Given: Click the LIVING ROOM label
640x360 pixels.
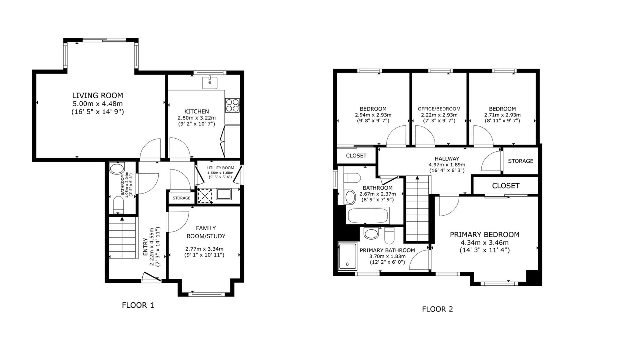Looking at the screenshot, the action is point(98,95).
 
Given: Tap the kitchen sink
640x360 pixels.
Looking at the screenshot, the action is point(210,83).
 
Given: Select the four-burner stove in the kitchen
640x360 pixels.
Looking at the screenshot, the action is point(232,105).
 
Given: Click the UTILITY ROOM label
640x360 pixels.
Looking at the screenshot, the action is point(220,168).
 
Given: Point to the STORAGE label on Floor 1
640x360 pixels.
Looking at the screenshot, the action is point(181,198).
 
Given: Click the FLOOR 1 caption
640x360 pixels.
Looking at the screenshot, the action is point(138,305).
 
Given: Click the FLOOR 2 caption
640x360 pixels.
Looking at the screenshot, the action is point(437,309).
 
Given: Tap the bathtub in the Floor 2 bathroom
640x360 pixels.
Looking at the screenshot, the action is point(368,216).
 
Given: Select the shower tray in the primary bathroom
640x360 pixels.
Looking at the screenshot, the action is point(348,256).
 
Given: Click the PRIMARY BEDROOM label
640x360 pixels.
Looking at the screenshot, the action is point(484,235).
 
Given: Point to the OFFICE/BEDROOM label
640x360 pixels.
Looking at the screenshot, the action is point(439,109).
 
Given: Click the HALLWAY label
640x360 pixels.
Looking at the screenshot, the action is point(447,159).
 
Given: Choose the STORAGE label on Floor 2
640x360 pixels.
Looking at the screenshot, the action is point(521,161).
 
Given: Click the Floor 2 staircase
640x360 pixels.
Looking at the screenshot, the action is point(417,208).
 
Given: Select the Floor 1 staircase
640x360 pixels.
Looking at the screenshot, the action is point(122,238).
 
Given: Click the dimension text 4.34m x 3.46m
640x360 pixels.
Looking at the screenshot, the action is point(484,243).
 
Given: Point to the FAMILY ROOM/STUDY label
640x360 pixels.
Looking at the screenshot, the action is point(206,232).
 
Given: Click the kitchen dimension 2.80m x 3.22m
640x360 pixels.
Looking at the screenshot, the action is point(197,118).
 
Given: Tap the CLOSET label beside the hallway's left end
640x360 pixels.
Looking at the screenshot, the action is point(356,156).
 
